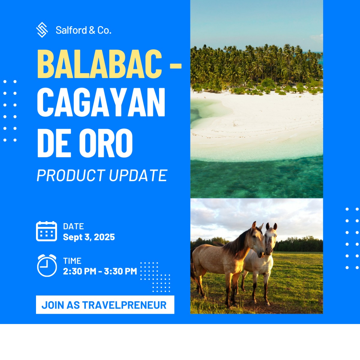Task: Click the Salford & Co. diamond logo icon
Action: [42, 30]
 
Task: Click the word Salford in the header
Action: [71, 30]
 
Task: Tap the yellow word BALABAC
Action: [100, 64]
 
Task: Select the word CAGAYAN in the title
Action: [101, 102]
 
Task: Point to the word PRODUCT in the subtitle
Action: [71, 175]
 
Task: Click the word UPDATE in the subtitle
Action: [138, 175]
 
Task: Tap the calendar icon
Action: [46, 231]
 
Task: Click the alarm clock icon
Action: [47, 265]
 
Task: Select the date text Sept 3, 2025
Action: [89, 237]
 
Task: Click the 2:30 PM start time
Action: [79, 271]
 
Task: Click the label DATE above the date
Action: [73, 226]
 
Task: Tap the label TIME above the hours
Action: [72, 261]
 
